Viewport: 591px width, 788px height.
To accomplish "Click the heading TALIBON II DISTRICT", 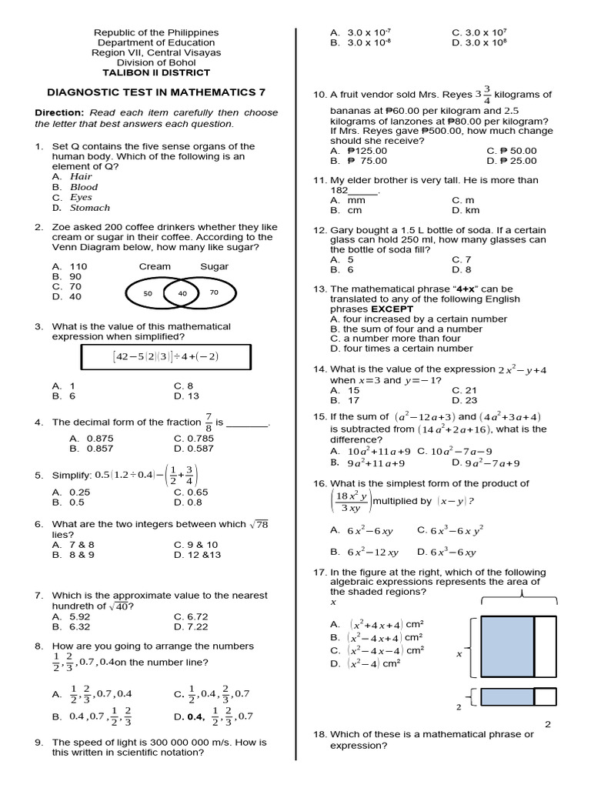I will pos(156,73).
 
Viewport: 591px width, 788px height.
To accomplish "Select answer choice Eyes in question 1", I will pos(81,197).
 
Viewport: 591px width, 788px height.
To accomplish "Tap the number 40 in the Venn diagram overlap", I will pos(182,294).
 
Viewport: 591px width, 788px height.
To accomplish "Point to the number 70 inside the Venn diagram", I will pos(213,293).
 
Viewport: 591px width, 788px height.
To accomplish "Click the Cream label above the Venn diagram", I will pos(155,267).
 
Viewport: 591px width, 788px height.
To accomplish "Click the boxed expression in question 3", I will pos(165,357).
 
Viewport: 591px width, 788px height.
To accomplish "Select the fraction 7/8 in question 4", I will pos(208,422).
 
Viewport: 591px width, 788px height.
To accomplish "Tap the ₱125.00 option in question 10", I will pos(366,152).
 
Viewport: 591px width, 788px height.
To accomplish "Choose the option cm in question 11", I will pos(354,210).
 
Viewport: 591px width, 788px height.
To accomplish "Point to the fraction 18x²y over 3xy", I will pos(350,502).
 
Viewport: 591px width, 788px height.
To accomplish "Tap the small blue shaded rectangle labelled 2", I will pos(506,697).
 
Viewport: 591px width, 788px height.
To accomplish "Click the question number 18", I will pos(319,734).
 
